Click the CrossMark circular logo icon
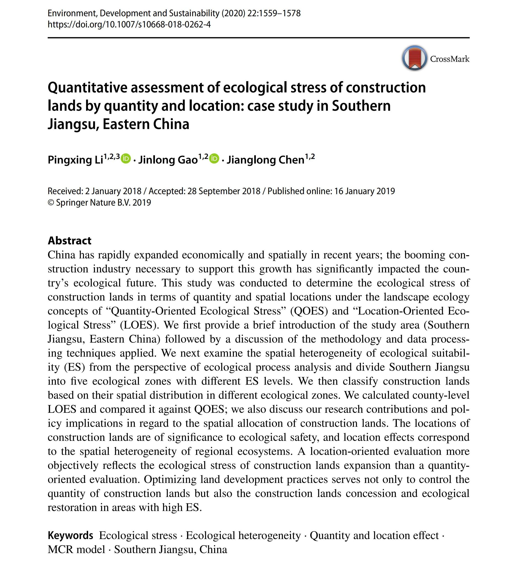414,58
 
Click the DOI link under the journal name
129,25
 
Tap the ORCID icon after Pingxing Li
126,159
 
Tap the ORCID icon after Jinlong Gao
214,159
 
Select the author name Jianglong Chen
265,160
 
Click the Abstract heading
69,241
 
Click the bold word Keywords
70,535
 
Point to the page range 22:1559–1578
274,13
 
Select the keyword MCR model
76,550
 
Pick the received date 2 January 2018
113,191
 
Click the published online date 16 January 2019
365,191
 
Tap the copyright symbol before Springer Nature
51,203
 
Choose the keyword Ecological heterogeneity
243,535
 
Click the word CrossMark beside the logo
450,59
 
